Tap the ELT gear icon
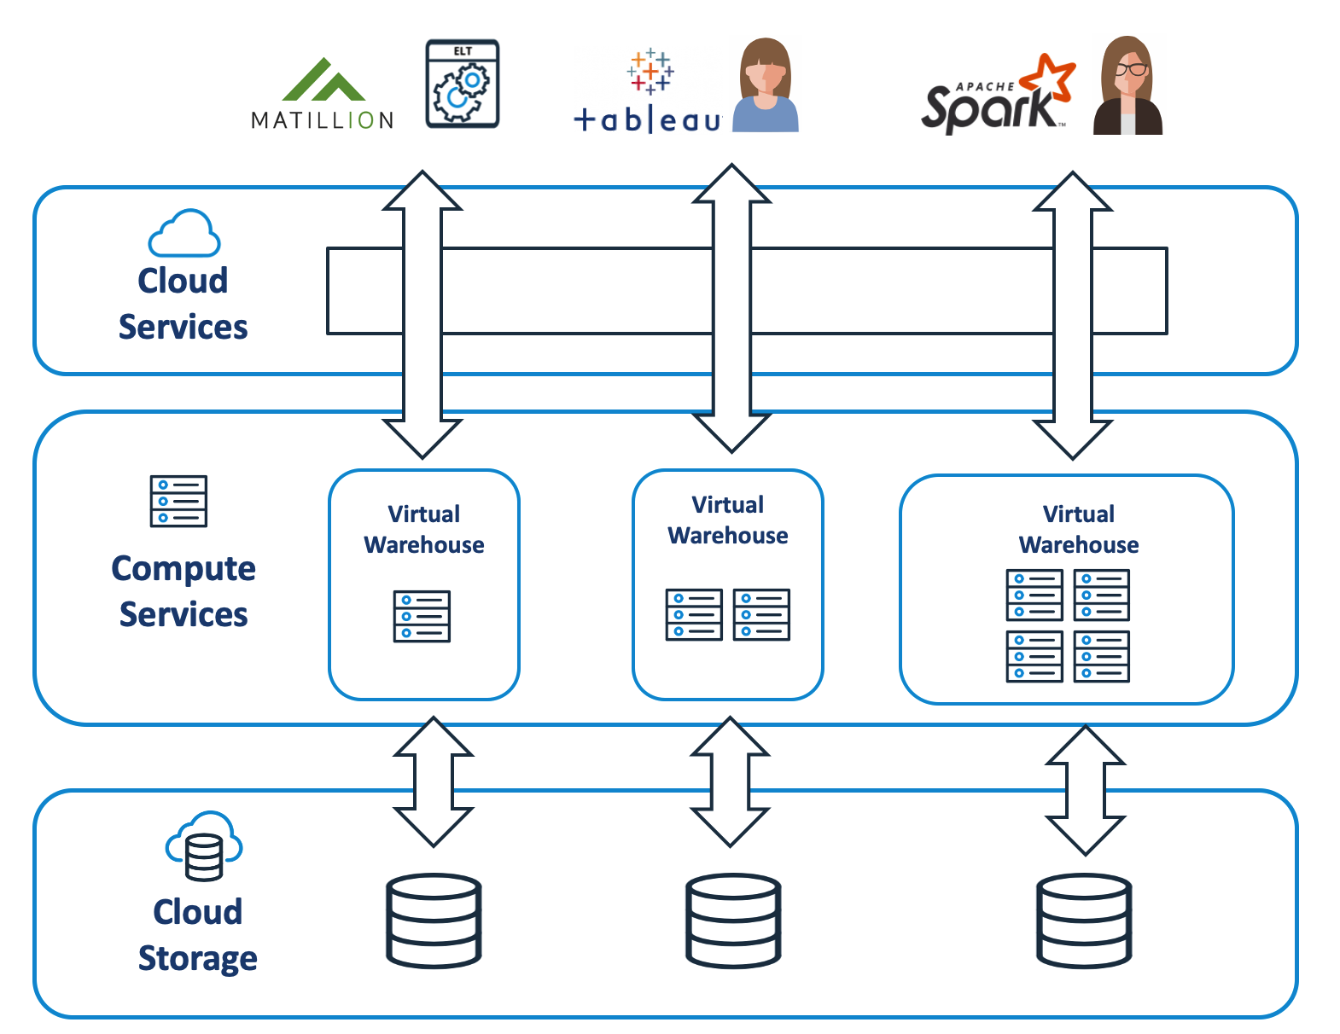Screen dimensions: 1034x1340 pyautogui.click(x=462, y=84)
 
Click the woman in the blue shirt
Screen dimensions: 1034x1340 pyautogui.click(x=766, y=86)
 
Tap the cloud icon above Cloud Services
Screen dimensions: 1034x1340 pyautogui.click(x=184, y=233)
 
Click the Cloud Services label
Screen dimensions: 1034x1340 pyautogui.click(x=183, y=304)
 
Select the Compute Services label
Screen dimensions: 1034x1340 pyautogui.click(x=184, y=590)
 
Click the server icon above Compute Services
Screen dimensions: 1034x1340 pyautogui.click(x=178, y=501)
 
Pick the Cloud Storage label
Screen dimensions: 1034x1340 pyautogui.click(x=197, y=934)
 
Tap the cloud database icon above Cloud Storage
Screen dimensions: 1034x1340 pyautogui.click(x=203, y=845)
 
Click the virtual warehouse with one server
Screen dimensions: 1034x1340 pyautogui.click(x=423, y=584)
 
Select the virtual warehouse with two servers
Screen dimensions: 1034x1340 pyautogui.click(x=727, y=584)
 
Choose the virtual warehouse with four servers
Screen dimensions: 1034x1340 pyautogui.click(x=1066, y=590)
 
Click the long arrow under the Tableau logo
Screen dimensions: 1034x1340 pyautogui.click(x=731, y=307)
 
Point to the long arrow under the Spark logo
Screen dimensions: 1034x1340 pyautogui.click(x=1072, y=316)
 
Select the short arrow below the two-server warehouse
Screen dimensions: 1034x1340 pyautogui.click(x=730, y=781)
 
